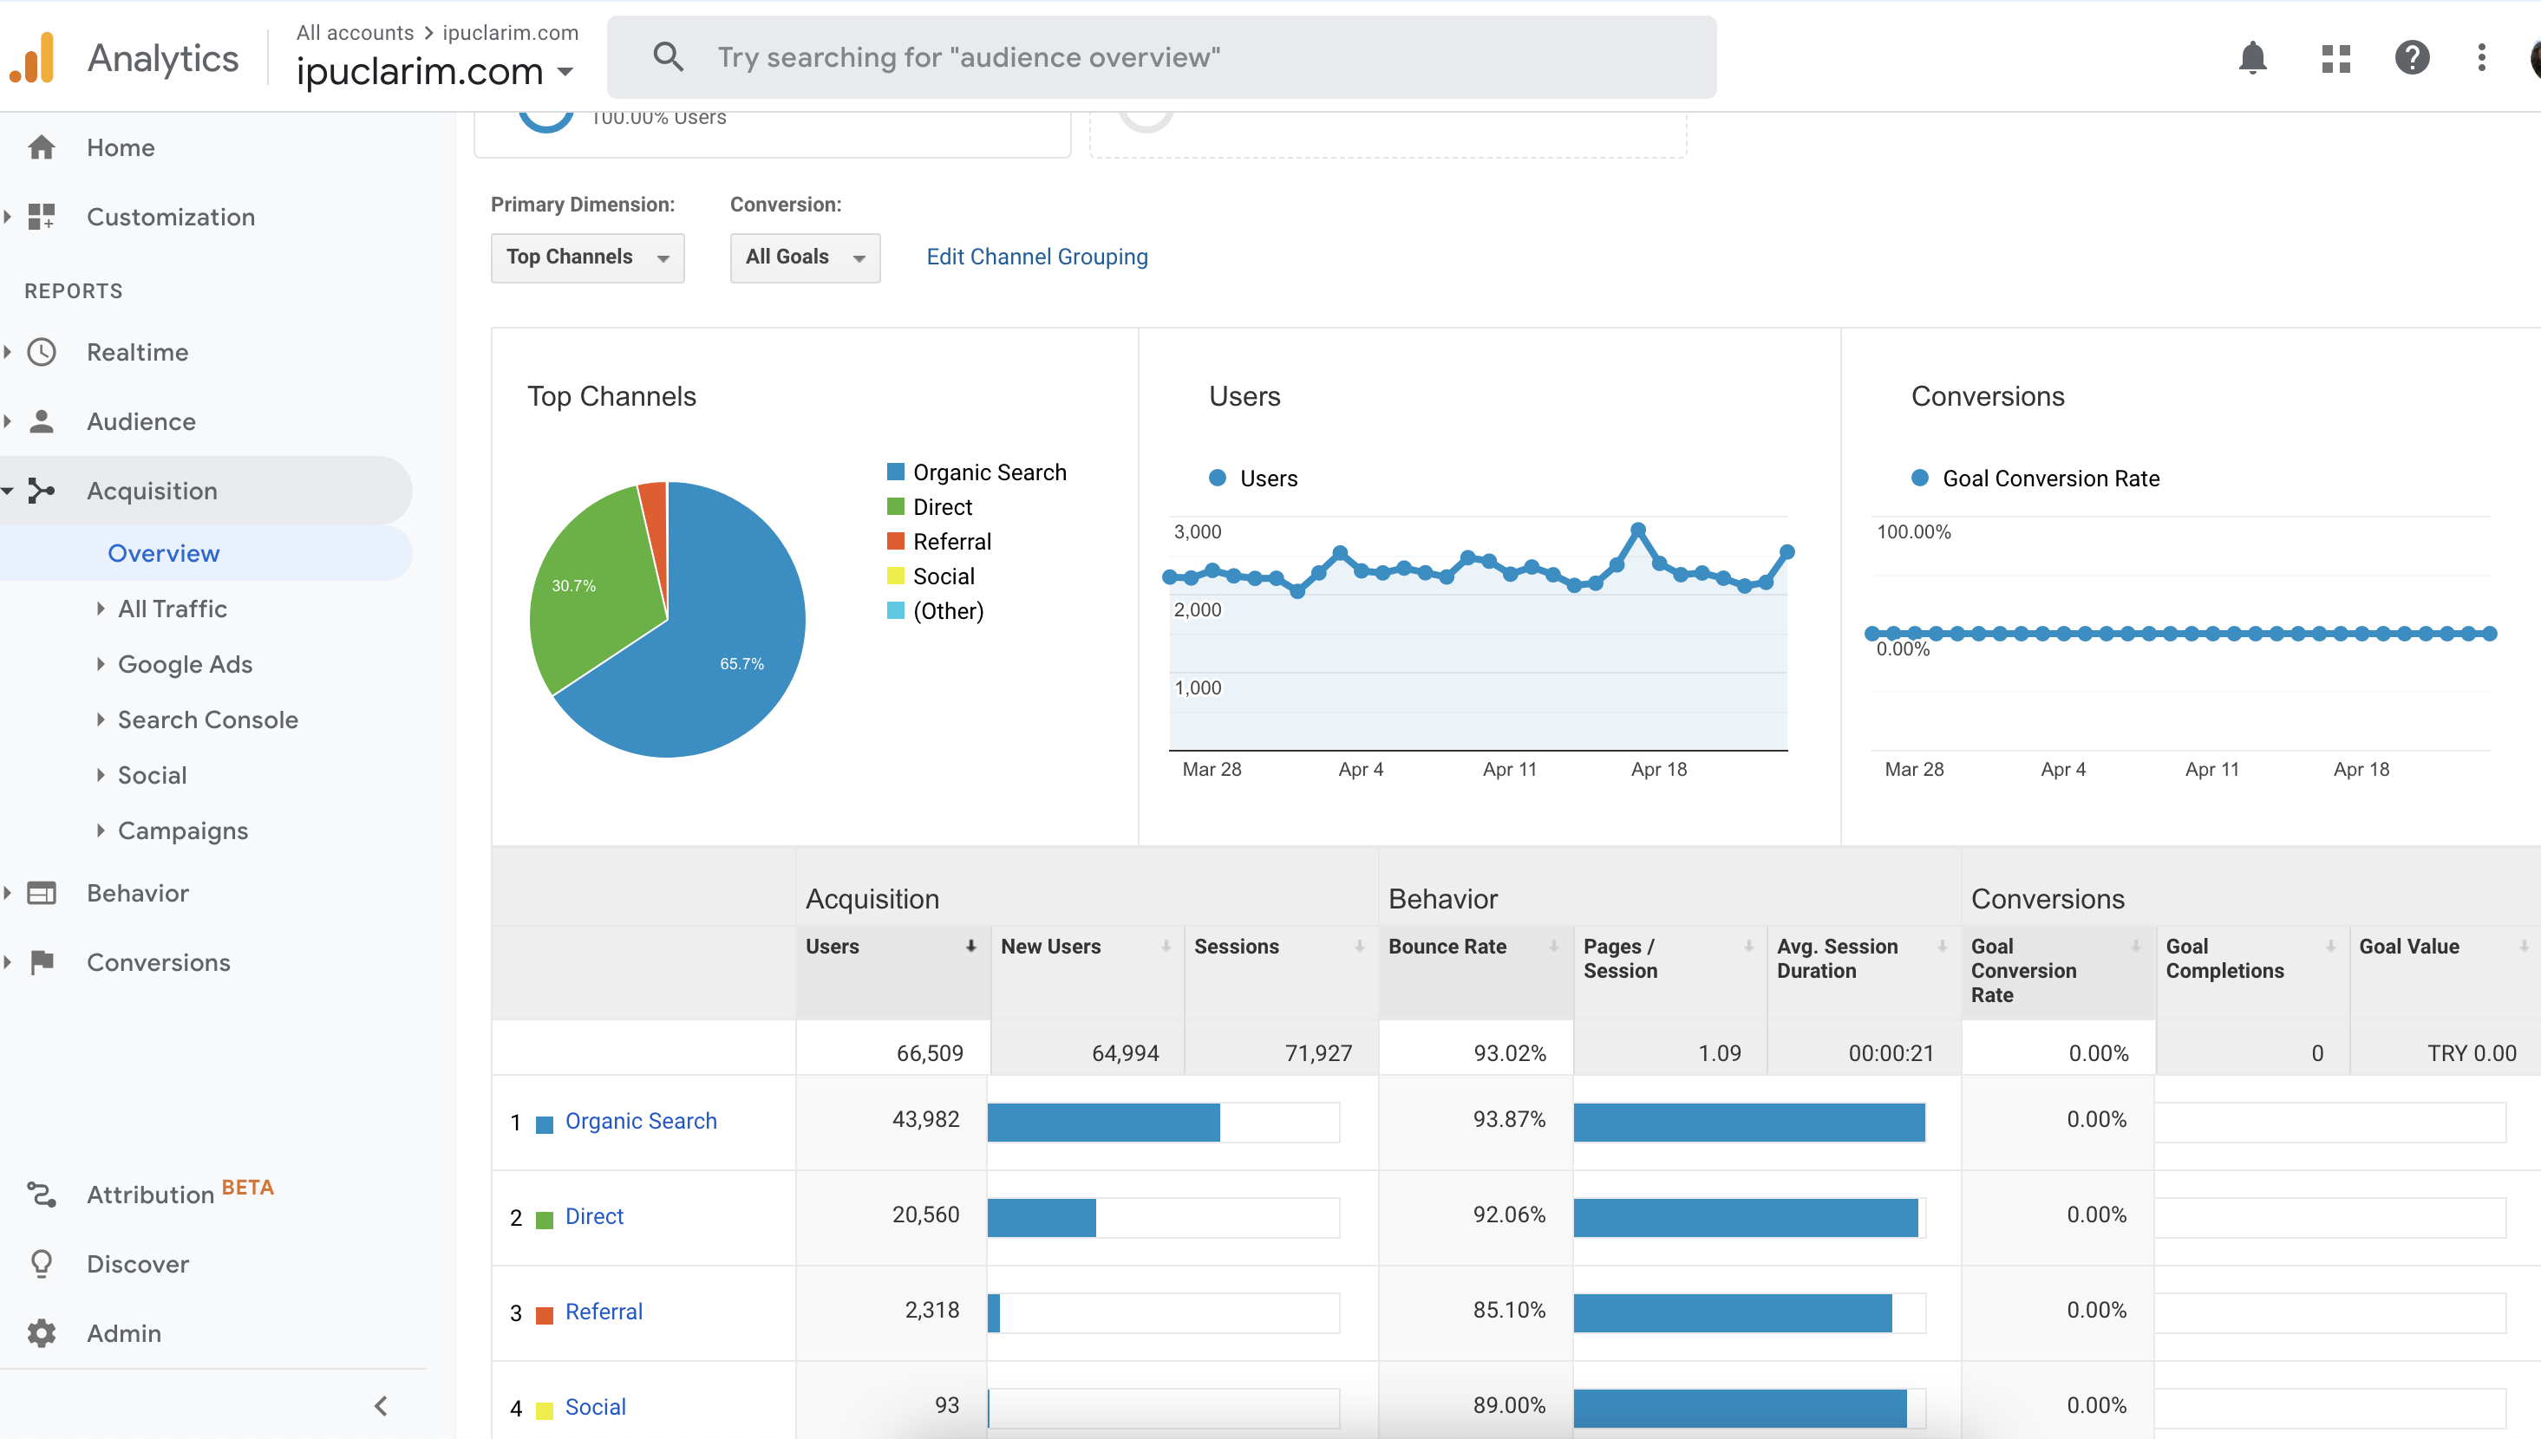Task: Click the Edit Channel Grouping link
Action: [1037, 257]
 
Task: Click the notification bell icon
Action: [2252, 57]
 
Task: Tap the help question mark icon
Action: [2412, 57]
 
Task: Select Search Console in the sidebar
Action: [207, 719]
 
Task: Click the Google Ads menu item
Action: [185, 664]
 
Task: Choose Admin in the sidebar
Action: [124, 1333]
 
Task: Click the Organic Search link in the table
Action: [641, 1121]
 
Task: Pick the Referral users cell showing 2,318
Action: [931, 1311]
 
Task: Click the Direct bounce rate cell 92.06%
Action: [1509, 1214]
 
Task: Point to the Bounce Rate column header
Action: [1447, 947]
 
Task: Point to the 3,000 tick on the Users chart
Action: [1198, 531]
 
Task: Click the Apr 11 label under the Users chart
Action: [1510, 769]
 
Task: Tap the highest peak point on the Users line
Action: [1638, 530]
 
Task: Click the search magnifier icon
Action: [669, 57]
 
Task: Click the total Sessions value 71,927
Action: [1318, 1053]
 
